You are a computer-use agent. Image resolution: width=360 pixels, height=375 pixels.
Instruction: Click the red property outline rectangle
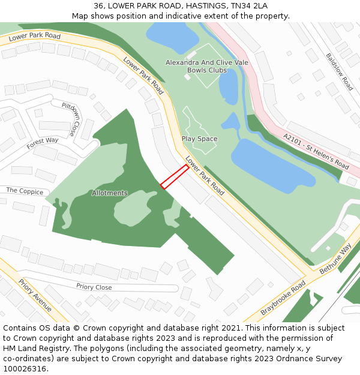[175, 177]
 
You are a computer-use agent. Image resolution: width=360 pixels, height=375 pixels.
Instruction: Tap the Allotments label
[110, 193]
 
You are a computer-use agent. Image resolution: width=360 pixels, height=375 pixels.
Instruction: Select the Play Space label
[199, 139]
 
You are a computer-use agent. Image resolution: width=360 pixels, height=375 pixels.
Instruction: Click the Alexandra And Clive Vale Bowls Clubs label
[196, 66]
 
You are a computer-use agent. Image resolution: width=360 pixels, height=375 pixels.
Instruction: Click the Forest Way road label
[43, 144]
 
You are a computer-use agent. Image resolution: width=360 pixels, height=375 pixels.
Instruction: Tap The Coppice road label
[25, 191]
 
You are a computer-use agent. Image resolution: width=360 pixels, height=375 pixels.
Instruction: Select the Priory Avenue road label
[35, 296]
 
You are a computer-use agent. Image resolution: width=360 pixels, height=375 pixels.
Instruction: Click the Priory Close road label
[94, 287]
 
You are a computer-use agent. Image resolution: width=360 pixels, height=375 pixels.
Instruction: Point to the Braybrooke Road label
[283, 298]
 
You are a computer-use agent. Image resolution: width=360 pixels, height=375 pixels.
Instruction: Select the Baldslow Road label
[340, 71]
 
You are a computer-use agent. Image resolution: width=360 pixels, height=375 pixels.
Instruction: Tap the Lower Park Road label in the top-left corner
[35, 37]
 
